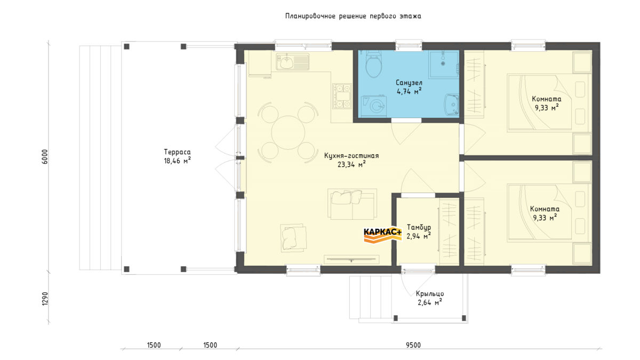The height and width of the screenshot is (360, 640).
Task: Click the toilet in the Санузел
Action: (x=373, y=65)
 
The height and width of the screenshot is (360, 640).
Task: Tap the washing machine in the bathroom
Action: (x=374, y=106)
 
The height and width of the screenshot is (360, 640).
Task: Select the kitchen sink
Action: (x=292, y=61)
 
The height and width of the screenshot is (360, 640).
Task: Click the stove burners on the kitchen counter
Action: (x=342, y=96)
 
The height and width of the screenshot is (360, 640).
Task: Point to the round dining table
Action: (x=288, y=133)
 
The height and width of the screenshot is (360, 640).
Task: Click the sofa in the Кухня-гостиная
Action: (x=352, y=204)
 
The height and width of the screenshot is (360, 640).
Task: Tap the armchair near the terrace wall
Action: (x=293, y=238)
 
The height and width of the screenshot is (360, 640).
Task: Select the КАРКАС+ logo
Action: (x=382, y=235)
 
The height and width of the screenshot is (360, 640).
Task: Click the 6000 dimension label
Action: (x=45, y=157)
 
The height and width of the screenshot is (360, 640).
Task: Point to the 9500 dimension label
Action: (x=413, y=345)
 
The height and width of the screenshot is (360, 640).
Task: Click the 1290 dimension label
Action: (x=45, y=299)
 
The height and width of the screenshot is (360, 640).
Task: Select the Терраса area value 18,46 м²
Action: (x=177, y=161)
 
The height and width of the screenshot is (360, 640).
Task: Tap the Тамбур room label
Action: (x=419, y=227)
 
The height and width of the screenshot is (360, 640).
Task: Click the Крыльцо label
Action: (x=430, y=294)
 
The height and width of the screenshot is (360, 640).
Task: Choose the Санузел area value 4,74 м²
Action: (x=409, y=91)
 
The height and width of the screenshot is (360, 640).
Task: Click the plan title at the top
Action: (x=353, y=16)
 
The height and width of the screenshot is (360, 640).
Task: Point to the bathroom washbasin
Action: (x=452, y=105)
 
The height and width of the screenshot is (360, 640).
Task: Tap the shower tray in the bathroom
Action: (x=444, y=65)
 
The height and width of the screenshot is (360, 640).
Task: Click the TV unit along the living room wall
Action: (x=351, y=259)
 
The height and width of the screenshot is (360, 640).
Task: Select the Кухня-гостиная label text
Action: (x=351, y=156)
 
